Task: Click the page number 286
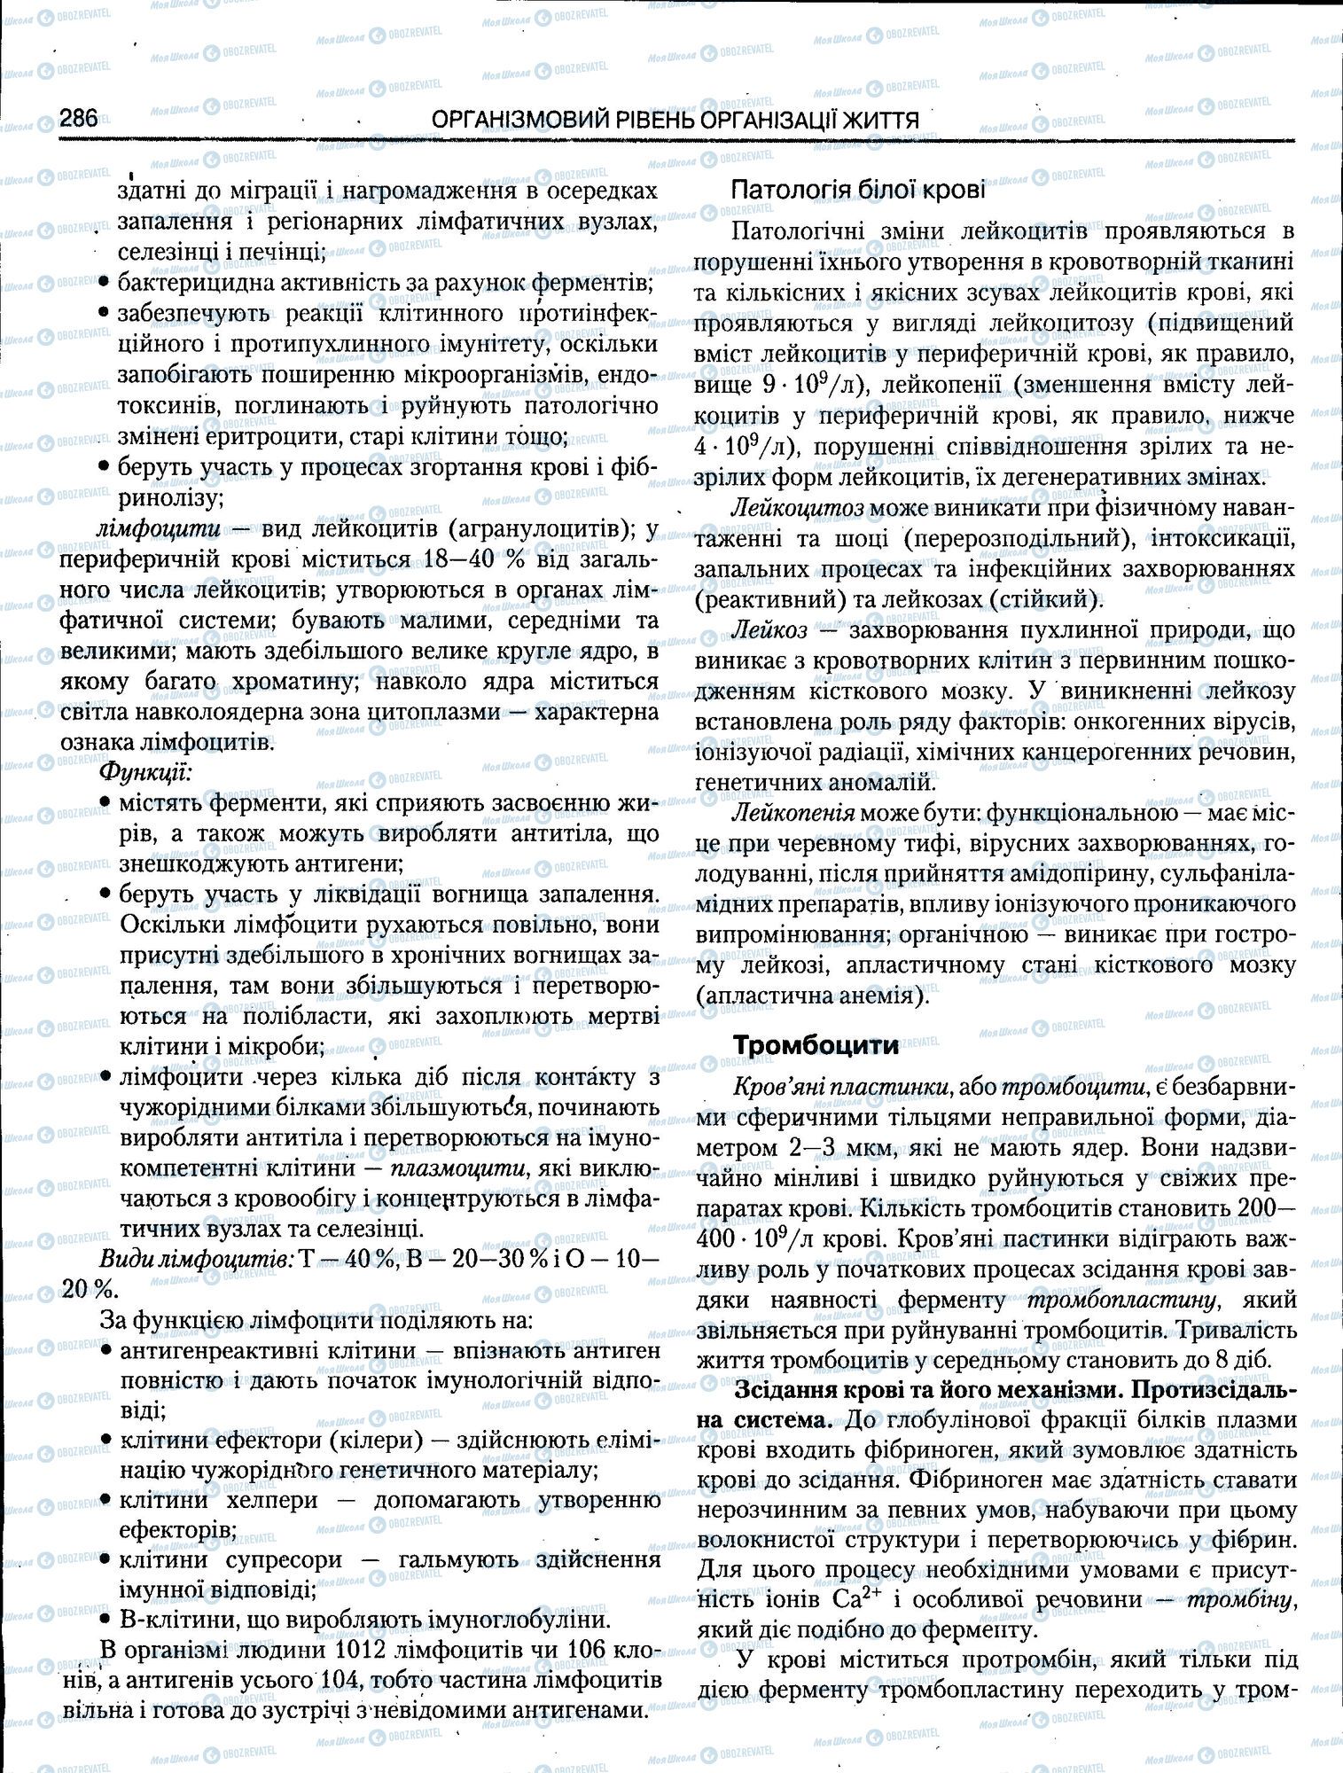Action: tap(79, 119)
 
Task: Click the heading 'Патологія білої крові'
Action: tap(857, 189)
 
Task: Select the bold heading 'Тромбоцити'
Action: tap(816, 1045)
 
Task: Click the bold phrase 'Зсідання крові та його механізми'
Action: tap(928, 1392)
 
